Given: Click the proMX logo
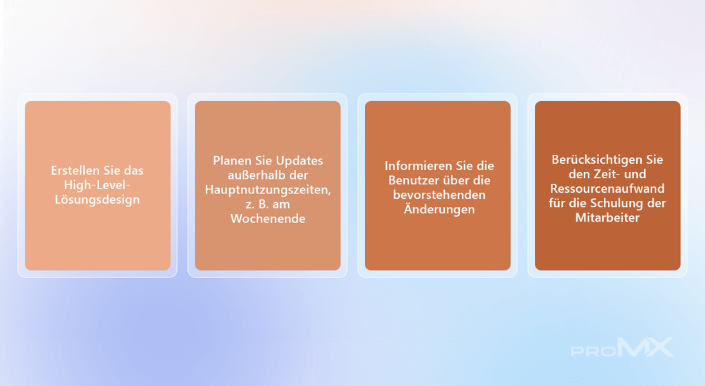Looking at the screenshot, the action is (x=622, y=347).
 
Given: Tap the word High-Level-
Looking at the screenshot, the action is (x=97, y=185).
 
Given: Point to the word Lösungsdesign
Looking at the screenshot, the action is (x=97, y=200).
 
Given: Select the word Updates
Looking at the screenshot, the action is (x=299, y=160).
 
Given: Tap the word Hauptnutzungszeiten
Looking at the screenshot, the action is (x=268, y=190).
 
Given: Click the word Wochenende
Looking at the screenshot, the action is (x=268, y=219).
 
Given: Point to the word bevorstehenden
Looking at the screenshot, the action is (x=439, y=195).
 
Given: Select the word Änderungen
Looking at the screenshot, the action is (x=439, y=209).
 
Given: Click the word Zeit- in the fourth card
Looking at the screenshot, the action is (x=607, y=174).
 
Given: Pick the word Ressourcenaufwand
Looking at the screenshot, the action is (x=607, y=189).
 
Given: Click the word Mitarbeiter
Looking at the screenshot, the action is (x=607, y=218).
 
